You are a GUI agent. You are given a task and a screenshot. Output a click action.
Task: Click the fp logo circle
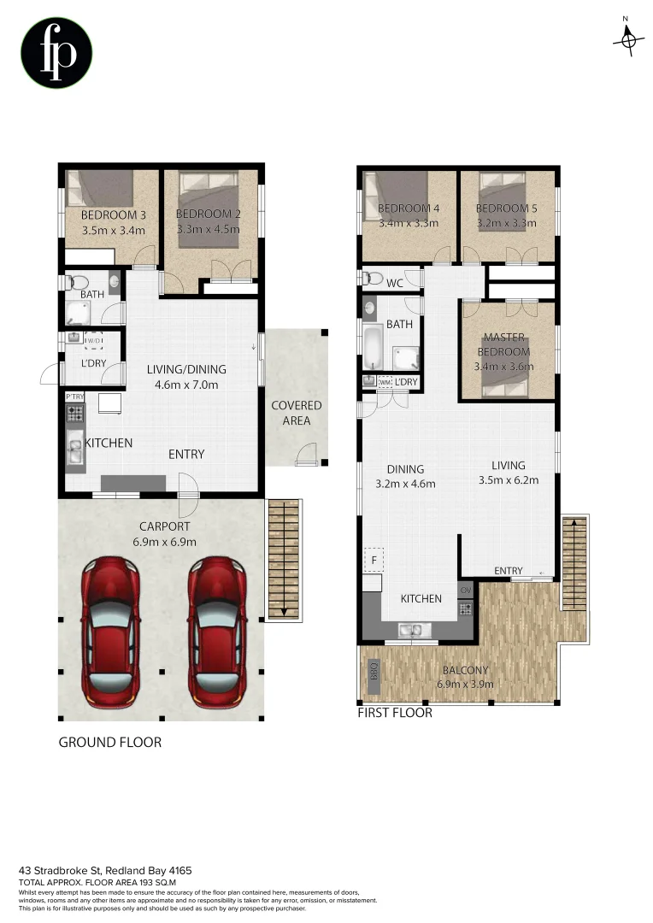pyautogui.click(x=56, y=53)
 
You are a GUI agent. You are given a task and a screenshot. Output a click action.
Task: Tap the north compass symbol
pyautogui.click(x=628, y=39)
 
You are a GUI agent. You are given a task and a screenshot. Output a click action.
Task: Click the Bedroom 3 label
pyautogui.click(x=113, y=215)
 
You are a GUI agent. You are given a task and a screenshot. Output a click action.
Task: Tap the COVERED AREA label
pyautogui.click(x=297, y=413)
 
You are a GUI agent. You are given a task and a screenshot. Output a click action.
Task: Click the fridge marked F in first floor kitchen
pyautogui.click(x=373, y=561)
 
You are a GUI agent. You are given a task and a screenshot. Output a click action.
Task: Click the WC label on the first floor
pyautogui.click(x=394, y=282)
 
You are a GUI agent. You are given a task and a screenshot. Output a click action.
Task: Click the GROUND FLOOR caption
pyautogui.click(x=109, y=742)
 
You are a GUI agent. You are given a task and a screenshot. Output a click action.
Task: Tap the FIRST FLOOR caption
pyautogui.click(x=396, y=713)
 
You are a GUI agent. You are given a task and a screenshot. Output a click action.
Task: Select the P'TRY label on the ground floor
pyautogui.click(x=74, y=397)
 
